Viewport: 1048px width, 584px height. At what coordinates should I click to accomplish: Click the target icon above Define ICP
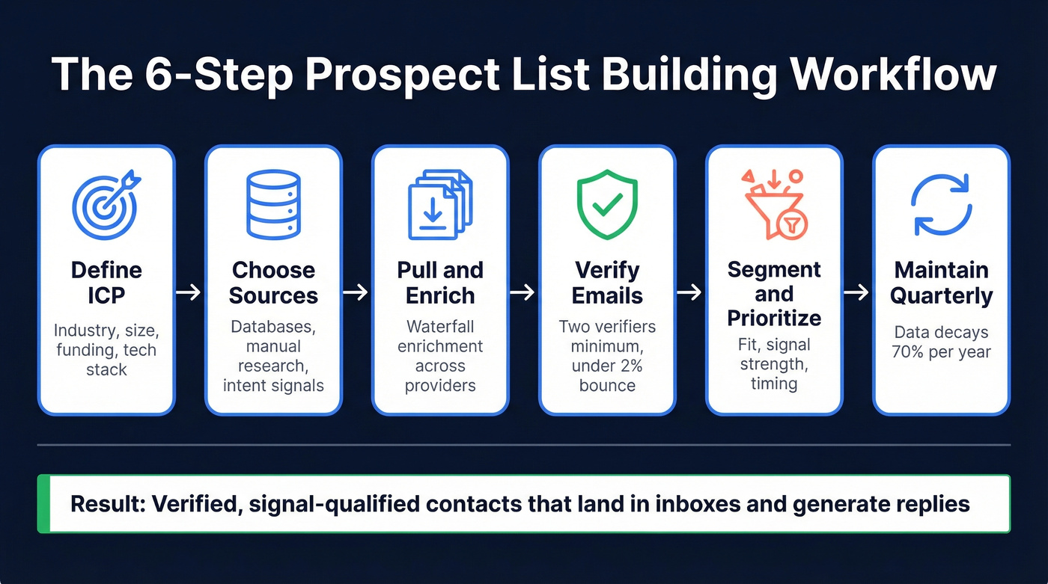click(x=106, y=204)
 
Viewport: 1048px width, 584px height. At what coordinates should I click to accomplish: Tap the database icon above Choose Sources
click(x=273, y=205)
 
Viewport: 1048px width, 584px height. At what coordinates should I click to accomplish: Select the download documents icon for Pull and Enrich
click(x=439, y=205)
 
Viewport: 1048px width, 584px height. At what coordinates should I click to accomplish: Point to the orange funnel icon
click(x=774, y=204)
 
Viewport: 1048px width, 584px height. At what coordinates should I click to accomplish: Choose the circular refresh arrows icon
click(x=941, y=204)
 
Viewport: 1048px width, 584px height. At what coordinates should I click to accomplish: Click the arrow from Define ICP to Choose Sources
click(x=189, y=292)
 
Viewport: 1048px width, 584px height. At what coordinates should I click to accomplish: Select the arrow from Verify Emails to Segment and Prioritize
click(x=690, y=292)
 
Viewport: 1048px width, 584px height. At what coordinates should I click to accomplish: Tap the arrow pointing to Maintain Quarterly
click(x=857, y=292)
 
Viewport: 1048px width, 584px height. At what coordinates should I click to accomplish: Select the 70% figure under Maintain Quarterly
click(x=909, y=351)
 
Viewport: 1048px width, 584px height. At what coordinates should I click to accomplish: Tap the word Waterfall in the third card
click(x=440, y=327)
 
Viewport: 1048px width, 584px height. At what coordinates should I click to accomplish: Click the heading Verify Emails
click(x=607, y=282)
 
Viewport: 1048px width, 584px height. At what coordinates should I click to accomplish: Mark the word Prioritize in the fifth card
click(x=774, y=318)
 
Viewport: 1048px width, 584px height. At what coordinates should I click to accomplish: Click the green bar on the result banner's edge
click(x=43, y=503)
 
